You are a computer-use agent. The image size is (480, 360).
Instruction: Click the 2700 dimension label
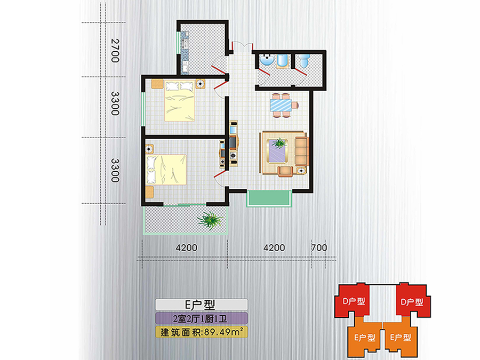[x=115, y=51]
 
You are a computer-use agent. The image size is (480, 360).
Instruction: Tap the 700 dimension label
[x=319, y=247]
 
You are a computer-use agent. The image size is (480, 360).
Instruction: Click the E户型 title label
[x=201, y=305]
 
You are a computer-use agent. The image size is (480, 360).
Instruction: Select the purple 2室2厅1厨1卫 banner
[x=201, y=318]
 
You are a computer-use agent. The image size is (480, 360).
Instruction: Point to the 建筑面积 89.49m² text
[x=202, y=332]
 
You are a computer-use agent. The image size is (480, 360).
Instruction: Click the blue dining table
[x=281, y=105]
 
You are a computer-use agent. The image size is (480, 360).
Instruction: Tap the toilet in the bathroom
[x=304, y=61]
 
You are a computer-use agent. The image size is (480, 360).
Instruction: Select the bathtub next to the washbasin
[x=282, y=61]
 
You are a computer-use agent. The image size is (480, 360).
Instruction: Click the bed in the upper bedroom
[x=180, y=100]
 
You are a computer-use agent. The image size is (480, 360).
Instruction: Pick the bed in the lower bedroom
[x=166, y=170]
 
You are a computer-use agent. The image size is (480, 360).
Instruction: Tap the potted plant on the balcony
[x=210, y=220]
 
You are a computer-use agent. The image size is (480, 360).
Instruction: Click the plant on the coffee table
[x=279, y=143]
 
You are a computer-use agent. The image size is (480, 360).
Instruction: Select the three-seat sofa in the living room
[x=301, y=151]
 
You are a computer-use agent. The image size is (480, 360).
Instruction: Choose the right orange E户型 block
[x=401, y=337]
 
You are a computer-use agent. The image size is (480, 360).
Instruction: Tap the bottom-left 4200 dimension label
[x=186, y=247]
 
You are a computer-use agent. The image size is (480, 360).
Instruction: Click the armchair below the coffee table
[x=285, y=171]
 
